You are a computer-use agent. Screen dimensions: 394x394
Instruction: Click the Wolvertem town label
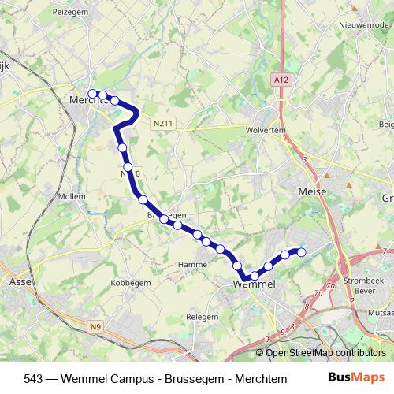click(265, 130)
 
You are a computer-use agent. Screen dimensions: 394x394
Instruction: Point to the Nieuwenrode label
click(355, 24)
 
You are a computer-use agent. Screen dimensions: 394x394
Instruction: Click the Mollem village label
click(72, 195)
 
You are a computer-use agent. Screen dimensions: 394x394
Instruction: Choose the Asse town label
click(19, 281)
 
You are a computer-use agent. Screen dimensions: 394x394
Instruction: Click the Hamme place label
click(191, 264)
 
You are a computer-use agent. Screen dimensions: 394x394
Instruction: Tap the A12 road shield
click(280, 80)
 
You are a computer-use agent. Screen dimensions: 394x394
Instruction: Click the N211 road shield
click(163, 122)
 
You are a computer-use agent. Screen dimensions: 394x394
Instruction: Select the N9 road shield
click(95, 327)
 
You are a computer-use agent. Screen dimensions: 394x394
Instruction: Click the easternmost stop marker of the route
click(300, 251)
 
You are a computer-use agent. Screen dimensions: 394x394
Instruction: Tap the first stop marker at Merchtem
click(91, 94)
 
